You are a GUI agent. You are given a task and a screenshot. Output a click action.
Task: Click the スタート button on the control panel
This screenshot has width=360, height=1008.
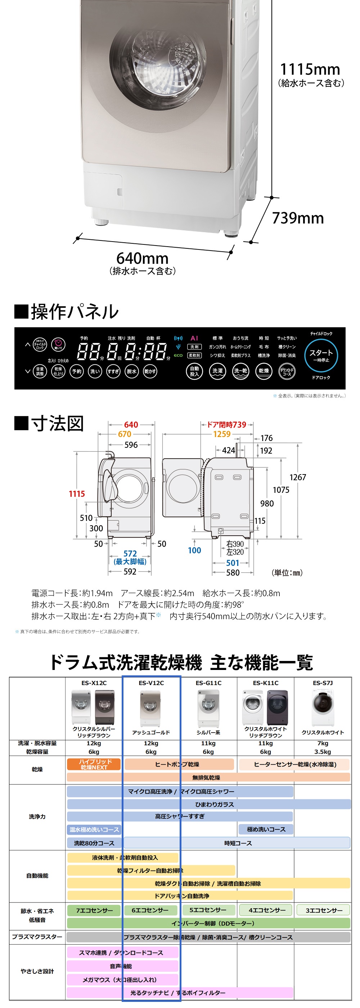(x=321, y=355)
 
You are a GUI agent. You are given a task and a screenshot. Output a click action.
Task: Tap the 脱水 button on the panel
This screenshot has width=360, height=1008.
(x=131, y=371)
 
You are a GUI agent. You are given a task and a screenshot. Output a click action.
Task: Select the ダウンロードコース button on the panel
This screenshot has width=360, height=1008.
(x=287, y=371)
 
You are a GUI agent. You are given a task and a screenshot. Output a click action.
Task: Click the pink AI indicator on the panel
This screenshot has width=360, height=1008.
(x=194, y=338)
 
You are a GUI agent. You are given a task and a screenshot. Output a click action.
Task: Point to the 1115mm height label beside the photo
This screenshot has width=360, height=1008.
(x=310, y=69)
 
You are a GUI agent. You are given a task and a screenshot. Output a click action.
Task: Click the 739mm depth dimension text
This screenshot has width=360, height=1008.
(x=298, y=218)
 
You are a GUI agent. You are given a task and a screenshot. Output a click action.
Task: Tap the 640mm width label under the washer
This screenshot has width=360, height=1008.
(x=143, y=258)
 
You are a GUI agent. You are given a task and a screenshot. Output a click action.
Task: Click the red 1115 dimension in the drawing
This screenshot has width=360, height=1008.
(x=77, y=494)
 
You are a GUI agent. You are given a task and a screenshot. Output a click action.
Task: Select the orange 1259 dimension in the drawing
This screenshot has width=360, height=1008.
(x=222, y=434)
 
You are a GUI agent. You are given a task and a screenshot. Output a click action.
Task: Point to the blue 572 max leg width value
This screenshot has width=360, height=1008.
(x=130, y=554)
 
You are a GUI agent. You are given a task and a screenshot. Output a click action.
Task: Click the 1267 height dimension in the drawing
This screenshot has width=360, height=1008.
(x=297, y=477)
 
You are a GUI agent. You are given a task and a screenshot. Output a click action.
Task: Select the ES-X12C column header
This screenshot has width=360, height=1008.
(x=94, y=683)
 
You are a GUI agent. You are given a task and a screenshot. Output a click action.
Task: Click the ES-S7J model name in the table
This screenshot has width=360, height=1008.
(x=323, y=683)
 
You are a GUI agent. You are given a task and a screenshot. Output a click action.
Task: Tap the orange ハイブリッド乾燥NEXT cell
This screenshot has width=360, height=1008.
(x=94, y=764)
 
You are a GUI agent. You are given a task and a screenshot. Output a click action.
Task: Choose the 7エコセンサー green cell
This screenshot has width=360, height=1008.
(x=94, y=910)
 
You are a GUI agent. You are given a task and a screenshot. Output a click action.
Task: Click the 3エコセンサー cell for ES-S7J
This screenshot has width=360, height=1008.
(x=324, y=910)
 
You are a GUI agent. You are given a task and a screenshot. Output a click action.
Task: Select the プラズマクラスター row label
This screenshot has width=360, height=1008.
(x=37, y=937)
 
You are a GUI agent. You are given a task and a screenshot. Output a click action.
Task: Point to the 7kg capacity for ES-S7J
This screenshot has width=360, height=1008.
(x=323, y=743)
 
